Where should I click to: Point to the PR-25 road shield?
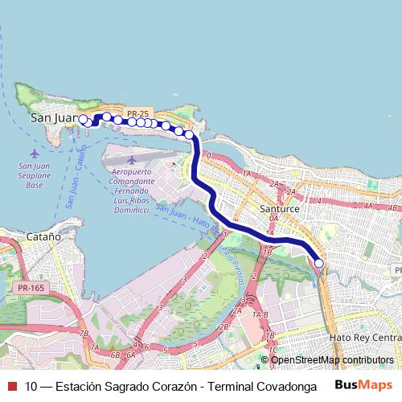click(x=137, y=114)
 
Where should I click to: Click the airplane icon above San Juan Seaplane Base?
click(x=33, y=153)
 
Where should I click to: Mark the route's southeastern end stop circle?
click(x=319, y=263)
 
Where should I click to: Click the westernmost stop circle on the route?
click(x=82, y=119)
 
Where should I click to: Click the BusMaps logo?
click(x=364, y=385)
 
